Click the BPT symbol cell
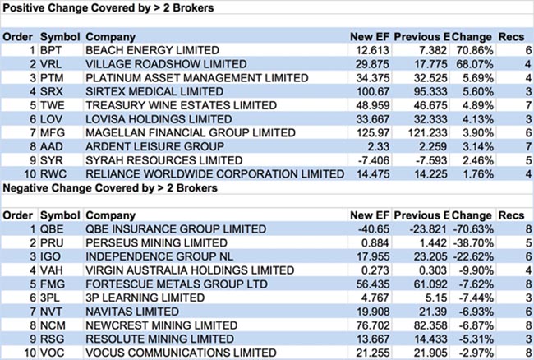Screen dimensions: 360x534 coord(51,50)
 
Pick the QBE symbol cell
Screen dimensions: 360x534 coord(52,229)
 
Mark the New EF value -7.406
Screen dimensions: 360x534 coord(367,160)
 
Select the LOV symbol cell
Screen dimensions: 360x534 coord(51,119)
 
